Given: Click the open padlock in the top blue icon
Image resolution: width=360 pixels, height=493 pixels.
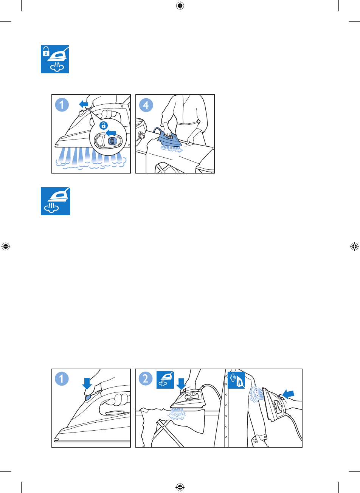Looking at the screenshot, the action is (x=46, y=51).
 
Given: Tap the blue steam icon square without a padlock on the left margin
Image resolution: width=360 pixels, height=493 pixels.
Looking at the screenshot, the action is (x=55, y=201).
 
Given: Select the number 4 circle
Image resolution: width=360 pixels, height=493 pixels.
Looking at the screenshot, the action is (x=146, y=105).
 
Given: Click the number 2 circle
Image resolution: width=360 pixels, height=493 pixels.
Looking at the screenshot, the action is (x=146, y=378).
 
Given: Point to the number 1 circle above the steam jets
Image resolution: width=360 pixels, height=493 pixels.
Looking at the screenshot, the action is (x=62, y=105).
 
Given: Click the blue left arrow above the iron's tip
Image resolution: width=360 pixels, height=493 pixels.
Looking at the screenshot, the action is (x=84, y=104).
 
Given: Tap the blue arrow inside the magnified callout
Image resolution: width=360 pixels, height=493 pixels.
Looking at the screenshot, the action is (x=111, y=132).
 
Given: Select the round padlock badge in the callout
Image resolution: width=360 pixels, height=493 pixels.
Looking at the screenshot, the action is (x=104, y=126).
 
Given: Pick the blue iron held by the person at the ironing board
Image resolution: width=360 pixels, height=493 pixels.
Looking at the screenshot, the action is (x=169, y=139).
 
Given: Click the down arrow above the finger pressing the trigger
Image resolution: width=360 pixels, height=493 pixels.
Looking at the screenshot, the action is (x=87, y=383).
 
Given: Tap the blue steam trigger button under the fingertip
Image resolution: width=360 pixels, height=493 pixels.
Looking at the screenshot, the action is (x=87, y=397).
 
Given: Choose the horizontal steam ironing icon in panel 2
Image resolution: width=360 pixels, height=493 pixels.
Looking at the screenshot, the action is (x=165, y=380).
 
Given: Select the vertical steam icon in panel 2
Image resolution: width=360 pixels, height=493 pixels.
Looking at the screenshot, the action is (x=236, y=380).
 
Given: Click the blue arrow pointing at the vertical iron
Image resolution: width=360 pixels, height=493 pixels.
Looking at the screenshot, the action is (x=288, y=394).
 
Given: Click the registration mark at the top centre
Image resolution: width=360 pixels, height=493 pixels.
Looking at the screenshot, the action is (x=180, y=6).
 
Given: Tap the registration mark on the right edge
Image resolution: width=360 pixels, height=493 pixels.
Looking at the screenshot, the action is (x=354, y=246).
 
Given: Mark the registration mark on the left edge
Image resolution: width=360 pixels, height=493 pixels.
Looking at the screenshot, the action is (x=6, y=246).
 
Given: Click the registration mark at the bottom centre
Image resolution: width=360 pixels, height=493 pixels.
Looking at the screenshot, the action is (x=180, y=487).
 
